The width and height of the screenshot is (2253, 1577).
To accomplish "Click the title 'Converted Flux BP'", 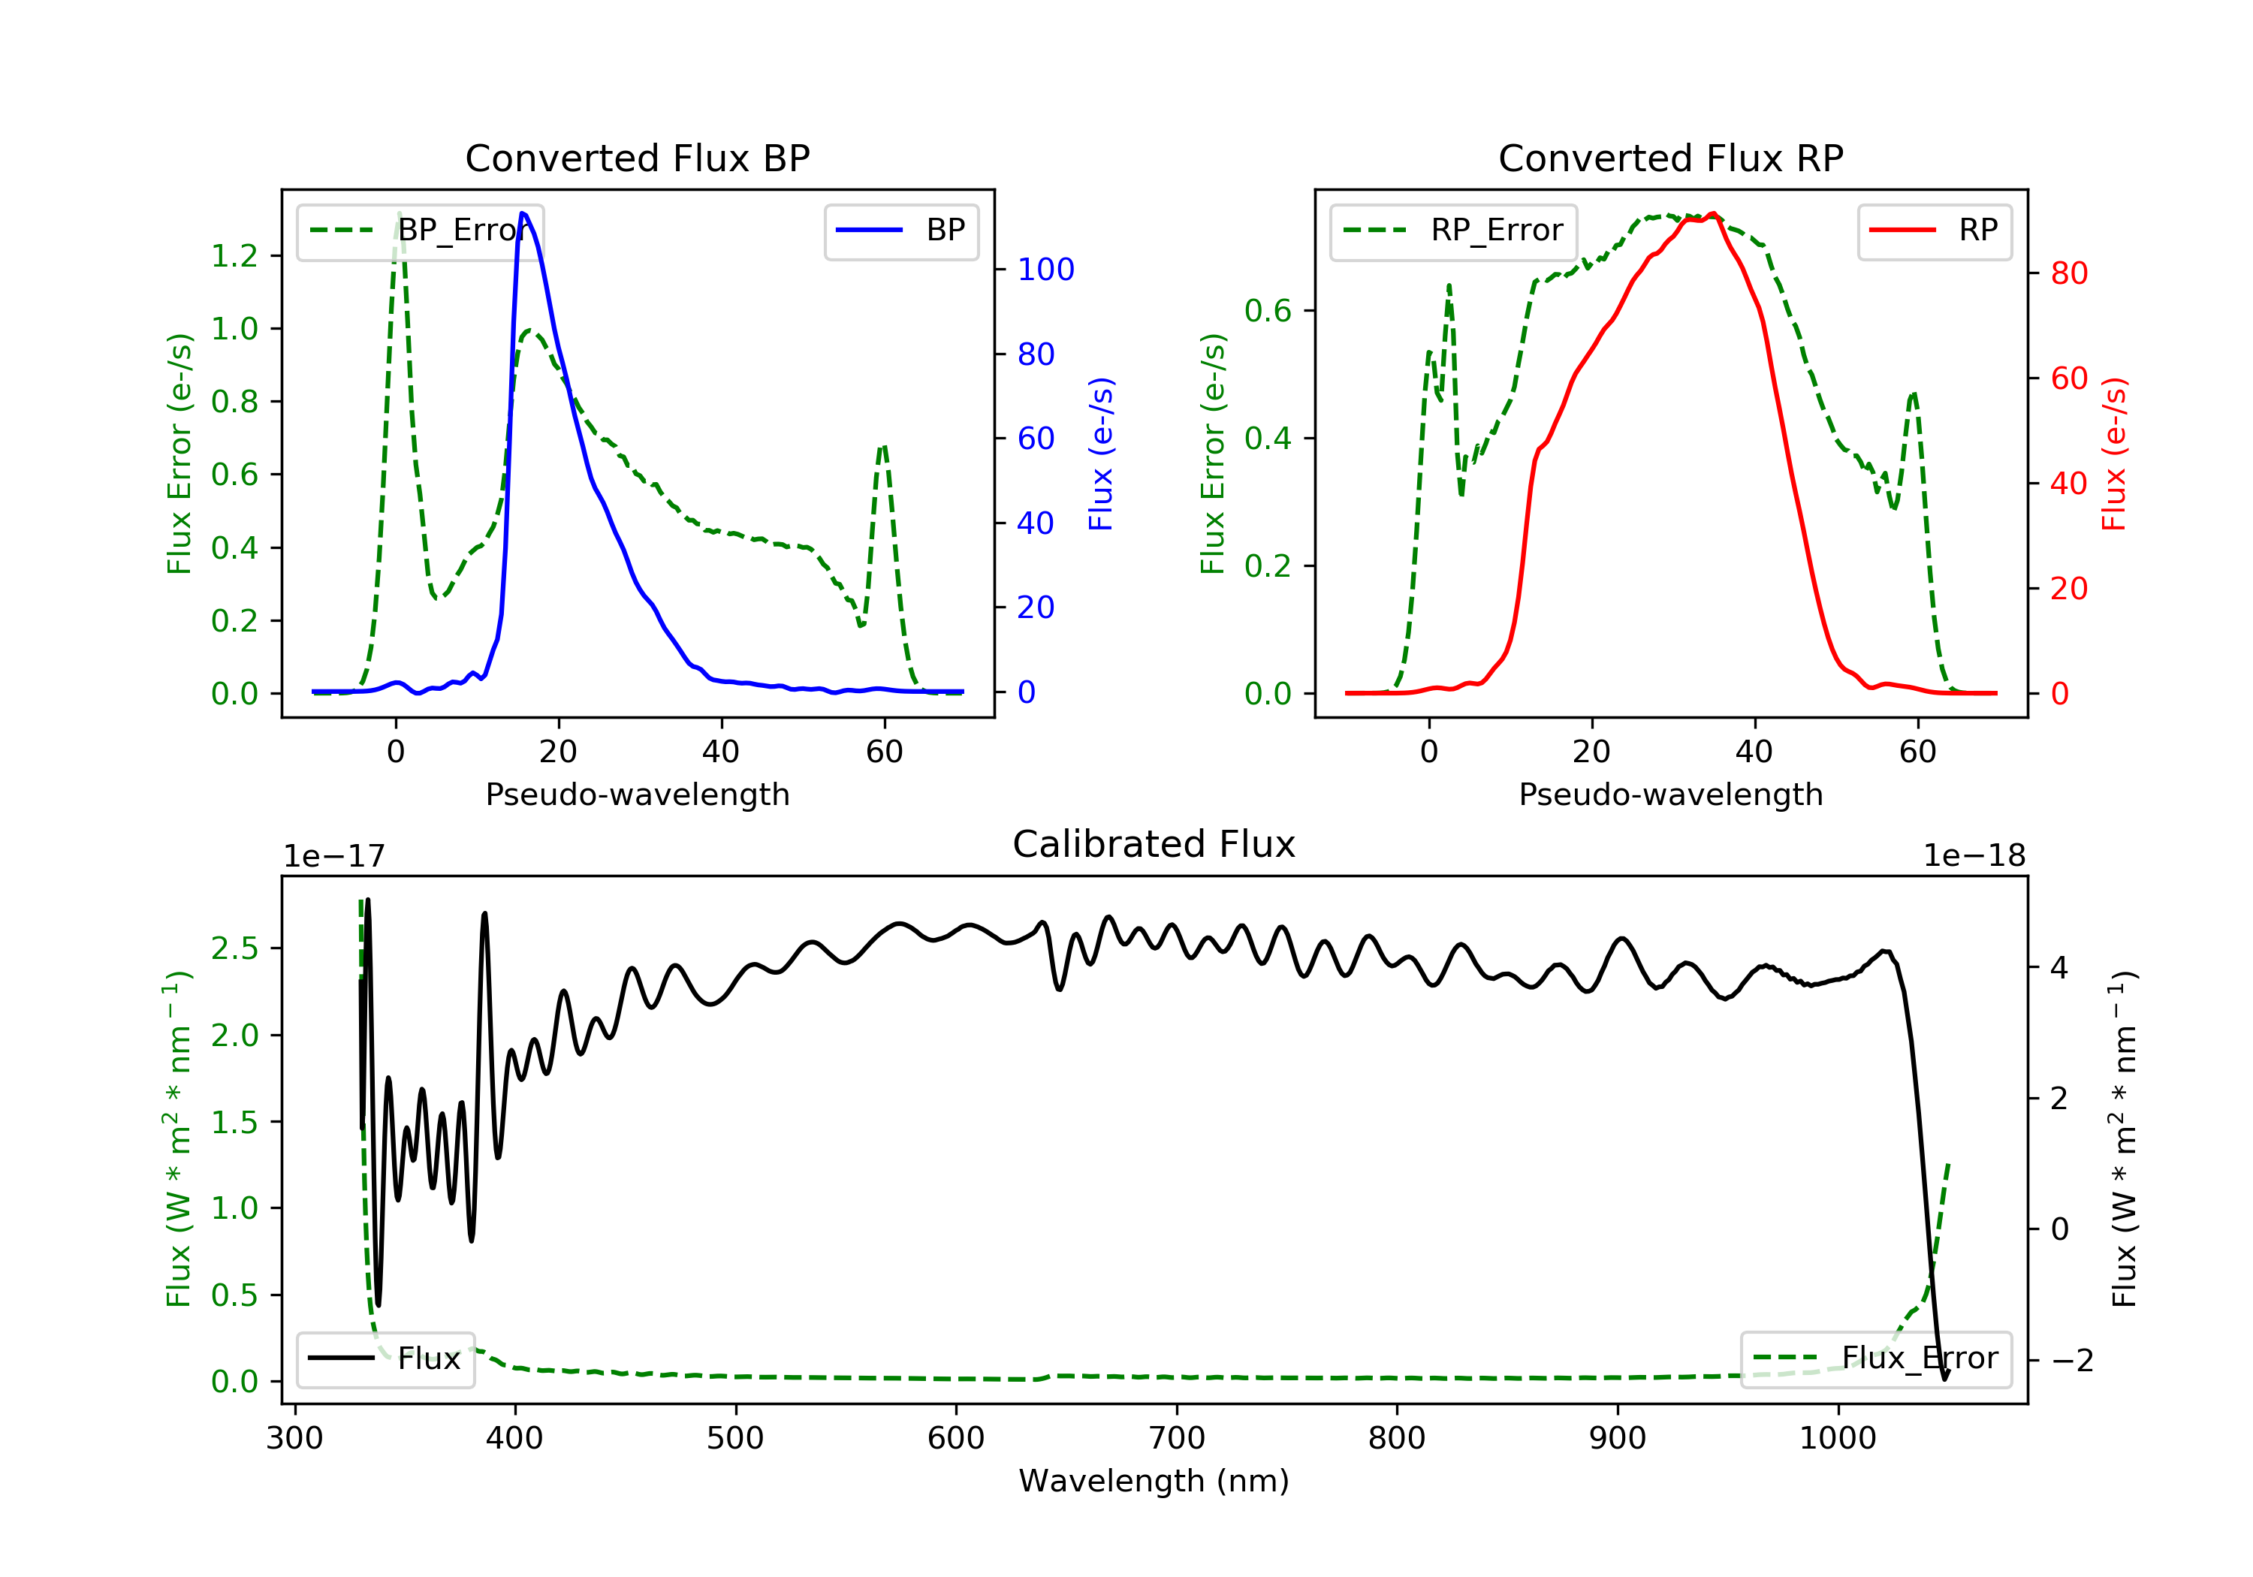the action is coord(637,158).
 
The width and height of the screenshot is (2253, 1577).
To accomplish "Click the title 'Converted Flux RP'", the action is coord(1670,158).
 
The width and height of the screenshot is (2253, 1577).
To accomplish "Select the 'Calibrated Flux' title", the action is coord(1154,844).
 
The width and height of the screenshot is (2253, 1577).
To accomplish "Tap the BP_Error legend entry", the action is coord(420,231).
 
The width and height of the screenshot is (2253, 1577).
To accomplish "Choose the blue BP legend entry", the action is coord(900,231).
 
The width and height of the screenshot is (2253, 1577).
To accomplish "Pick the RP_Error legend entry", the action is coord(1452,231).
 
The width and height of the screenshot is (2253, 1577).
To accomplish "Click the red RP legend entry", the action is coord(1934,231).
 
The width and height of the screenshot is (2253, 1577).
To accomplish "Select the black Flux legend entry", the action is coord(385,1358).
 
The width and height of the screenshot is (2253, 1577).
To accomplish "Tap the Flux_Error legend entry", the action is coord(1875,1358).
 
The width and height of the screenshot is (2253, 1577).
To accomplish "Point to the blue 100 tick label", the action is coord(1046,270).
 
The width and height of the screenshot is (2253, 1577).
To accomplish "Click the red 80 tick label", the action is coord(2070,274).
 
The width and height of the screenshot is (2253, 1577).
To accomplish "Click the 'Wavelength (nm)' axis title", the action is coord(1154,1481).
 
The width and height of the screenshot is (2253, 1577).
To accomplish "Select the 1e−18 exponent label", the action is coord(1974,856).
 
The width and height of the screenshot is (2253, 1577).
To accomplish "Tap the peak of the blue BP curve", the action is coord(523,213).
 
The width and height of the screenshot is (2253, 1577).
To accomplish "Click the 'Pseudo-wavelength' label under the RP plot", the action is coord(1670,795).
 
